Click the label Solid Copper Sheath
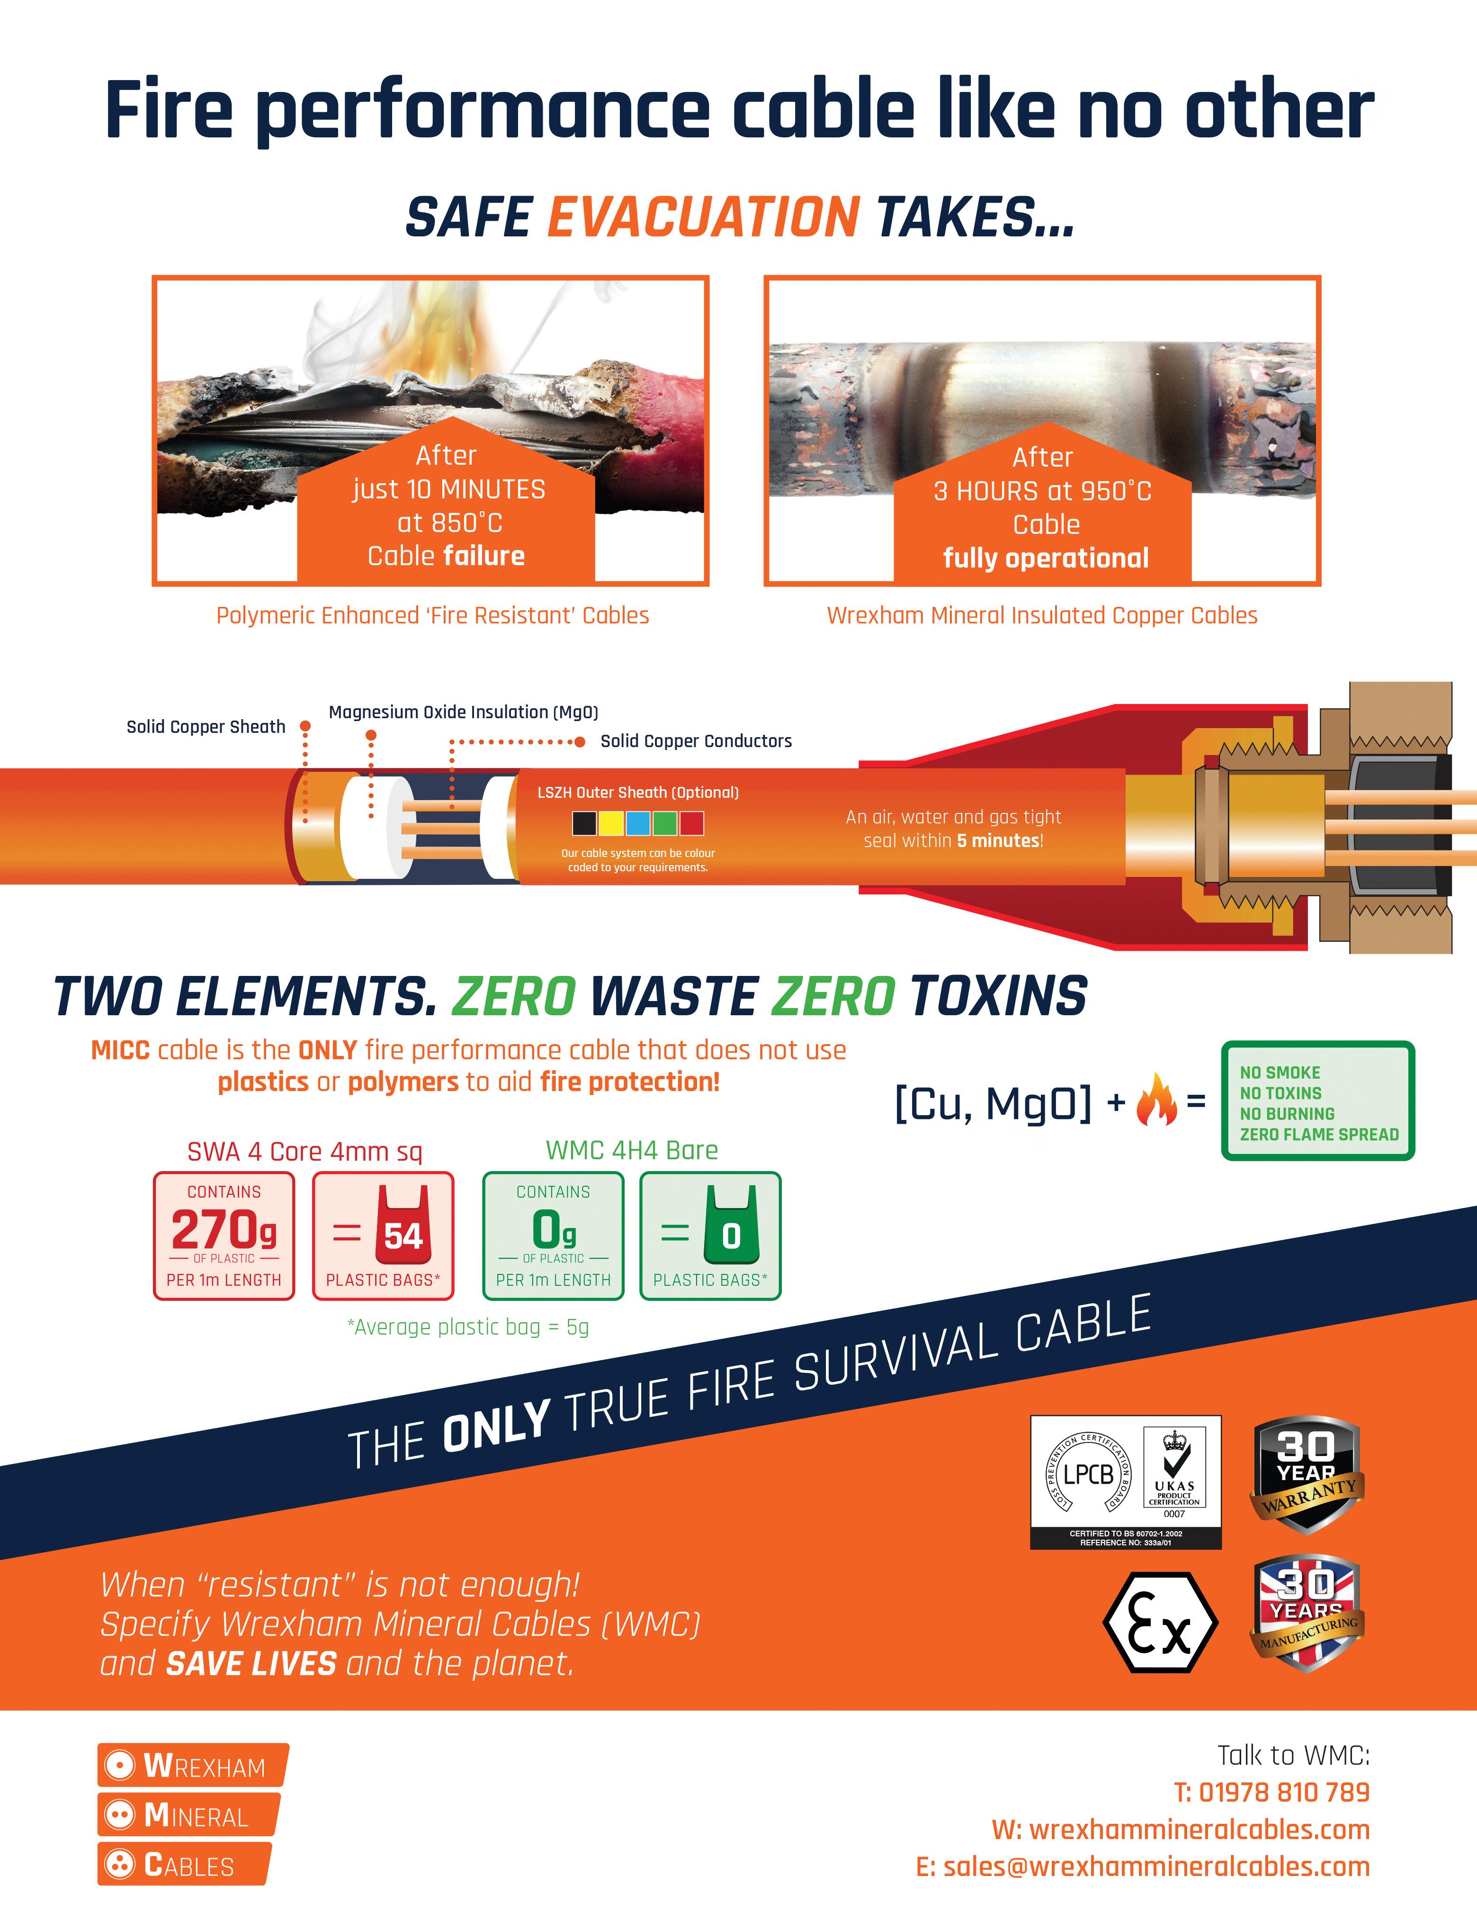pyautogui.click(x=206, y=726)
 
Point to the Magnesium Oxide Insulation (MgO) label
pyautogui.click(x=463, y=712)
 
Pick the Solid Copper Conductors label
pyautogui.click(x=696, y=741)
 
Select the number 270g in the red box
pyautogui.click(x=224, y=1229)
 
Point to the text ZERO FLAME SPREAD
pyautogui.click(x=1319, y=1134)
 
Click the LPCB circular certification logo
pyautogui.click(x=1088, y=1474)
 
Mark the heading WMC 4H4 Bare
pyautogui.click(x=631, y=1150)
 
